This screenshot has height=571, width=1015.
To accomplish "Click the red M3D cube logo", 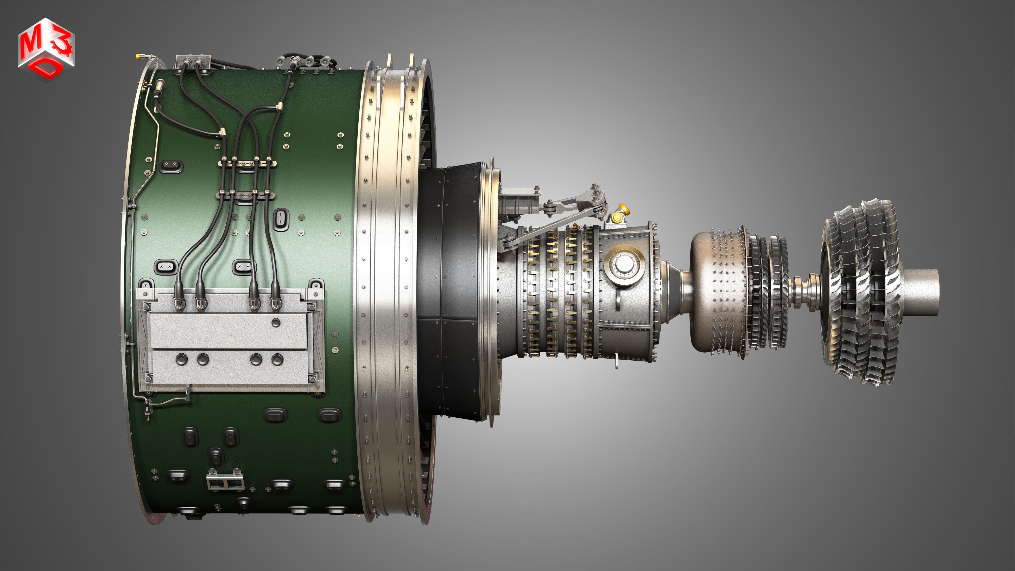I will click(x=46, y=49).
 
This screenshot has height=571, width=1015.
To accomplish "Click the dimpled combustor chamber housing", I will click(x=717, y=292).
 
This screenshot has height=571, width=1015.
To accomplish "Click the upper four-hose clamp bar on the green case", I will click(x=247, y=163).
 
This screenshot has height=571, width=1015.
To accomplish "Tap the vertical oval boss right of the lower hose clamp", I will click(x=281, y=219).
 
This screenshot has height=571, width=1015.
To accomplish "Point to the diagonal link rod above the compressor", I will click(x=552, y=229).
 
